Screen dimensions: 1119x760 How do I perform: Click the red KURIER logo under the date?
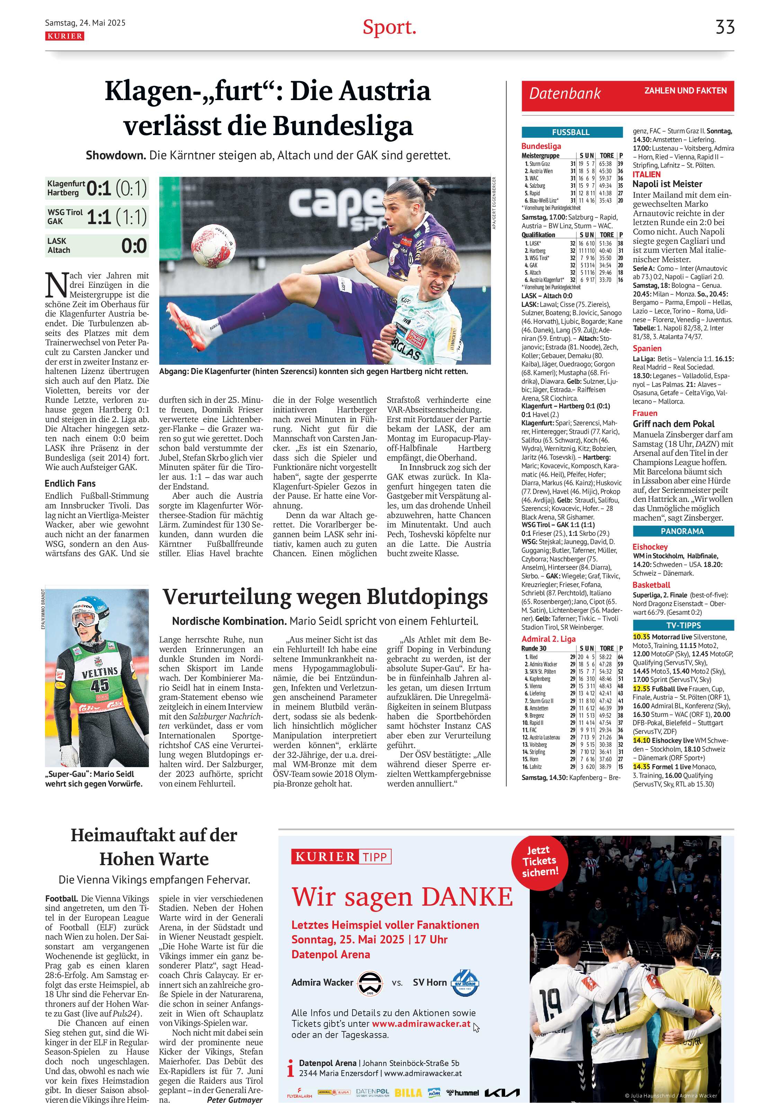(x=64, y=36)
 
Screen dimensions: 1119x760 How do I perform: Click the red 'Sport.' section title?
(x=389, y=27)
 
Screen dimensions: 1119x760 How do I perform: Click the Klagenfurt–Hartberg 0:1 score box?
(x=97, y=188)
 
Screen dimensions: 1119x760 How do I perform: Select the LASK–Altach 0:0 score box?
(x=97, y=246)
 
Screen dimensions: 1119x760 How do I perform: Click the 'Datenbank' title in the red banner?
(x=565, y=94)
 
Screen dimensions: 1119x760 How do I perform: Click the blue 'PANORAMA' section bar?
(x=682, y=531)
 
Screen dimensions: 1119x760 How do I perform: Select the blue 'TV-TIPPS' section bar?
(x=682, y=625)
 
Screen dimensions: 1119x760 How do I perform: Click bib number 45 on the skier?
(x=100, y=684)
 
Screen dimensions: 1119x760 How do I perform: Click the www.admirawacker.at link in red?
(x=421, y=1024)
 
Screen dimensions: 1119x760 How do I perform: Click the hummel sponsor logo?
(x=463, y=1093)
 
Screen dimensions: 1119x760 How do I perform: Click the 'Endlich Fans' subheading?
(x=70, y=483)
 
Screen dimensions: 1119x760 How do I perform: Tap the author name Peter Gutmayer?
(x=234, y=1100)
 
